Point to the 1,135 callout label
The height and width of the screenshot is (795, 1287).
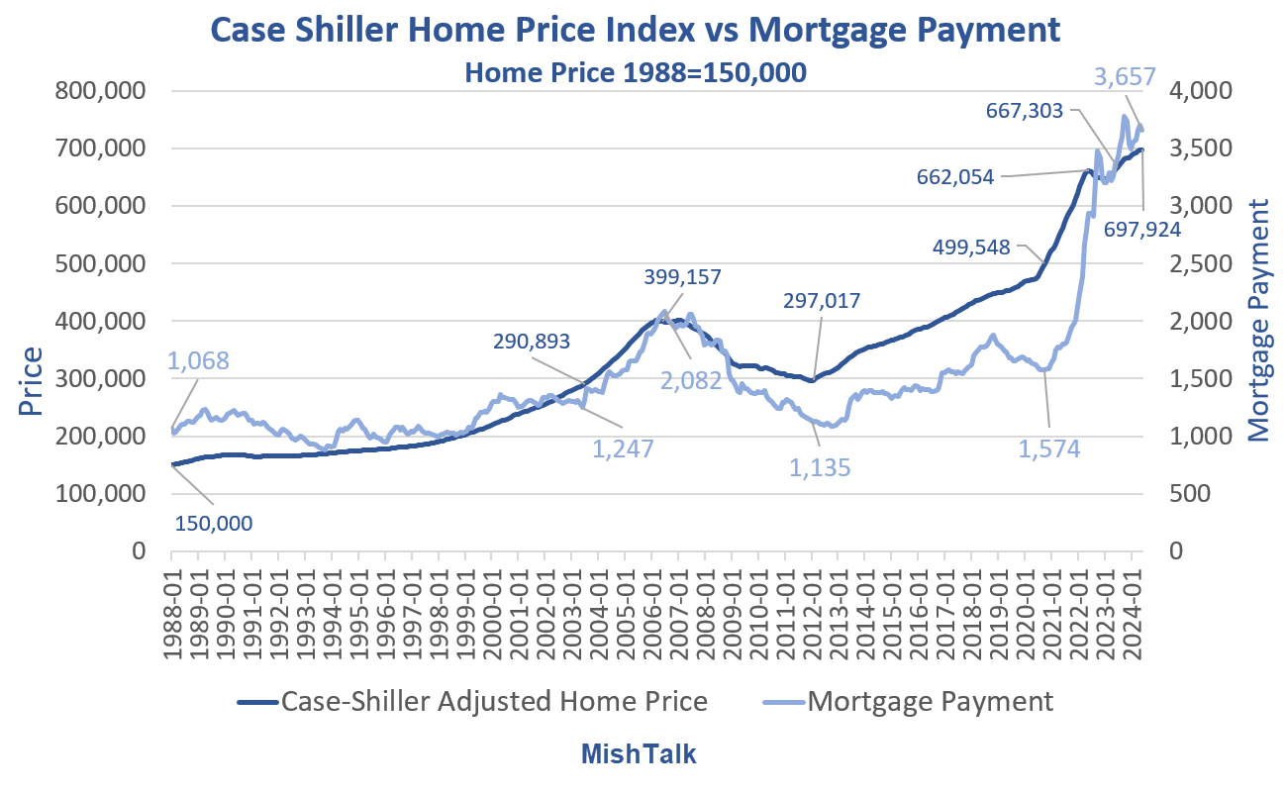pos(820,468)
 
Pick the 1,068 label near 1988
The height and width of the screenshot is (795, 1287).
pos(199,359)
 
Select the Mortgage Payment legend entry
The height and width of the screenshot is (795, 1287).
pos(931,702)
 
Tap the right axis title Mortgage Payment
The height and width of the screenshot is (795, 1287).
pos(1258,319)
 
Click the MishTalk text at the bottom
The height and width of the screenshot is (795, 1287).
pos(639,754)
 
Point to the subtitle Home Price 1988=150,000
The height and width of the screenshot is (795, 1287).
pos(637,74)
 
